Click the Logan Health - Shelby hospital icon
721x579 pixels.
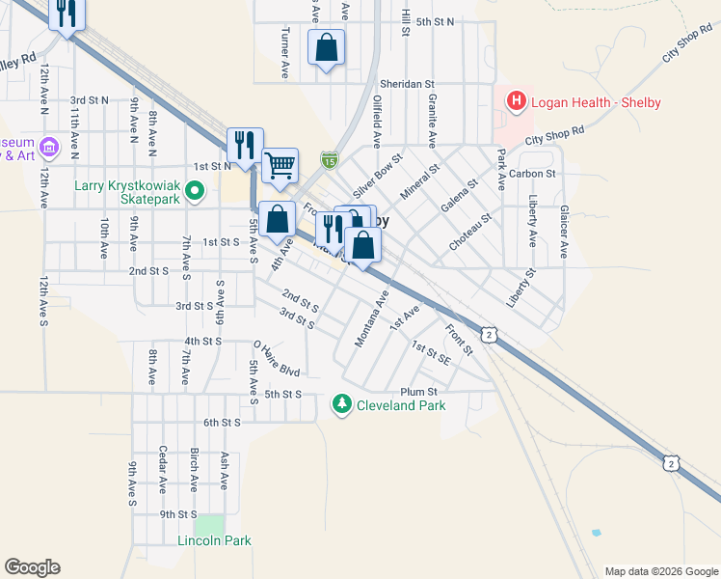(x=517, y=100)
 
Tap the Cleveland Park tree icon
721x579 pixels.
(x=340, y=404)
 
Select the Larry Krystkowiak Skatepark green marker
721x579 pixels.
(x=194, y=191)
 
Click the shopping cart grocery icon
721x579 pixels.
(x=280, y=165)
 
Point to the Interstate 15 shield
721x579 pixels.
(x=330, y=159)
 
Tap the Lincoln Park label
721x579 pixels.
(x=214, y=540)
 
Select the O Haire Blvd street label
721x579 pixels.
(x=277, y=359)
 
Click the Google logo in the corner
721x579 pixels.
(x=32, y=567)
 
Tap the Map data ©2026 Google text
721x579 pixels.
(x=660, y=571)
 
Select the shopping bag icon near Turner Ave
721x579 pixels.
(x=327, y=47)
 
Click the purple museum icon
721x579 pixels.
(x=49, y=148)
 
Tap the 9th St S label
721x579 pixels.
(x=178, y=514)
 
